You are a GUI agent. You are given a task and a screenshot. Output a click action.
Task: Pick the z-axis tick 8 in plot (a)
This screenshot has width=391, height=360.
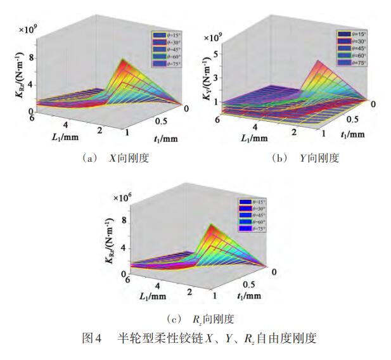30,58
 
